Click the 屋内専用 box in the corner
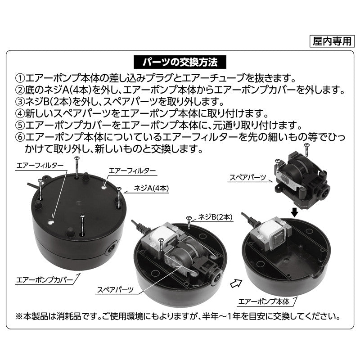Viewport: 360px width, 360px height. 332,41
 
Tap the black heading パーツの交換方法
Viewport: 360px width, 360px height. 180,62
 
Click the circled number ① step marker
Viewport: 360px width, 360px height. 20,78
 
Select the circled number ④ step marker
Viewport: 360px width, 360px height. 20,113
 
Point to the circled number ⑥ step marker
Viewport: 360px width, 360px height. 20,137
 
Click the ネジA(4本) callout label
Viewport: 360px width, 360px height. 151,188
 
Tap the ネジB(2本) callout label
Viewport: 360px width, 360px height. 215,217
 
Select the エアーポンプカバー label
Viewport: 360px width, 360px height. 44,280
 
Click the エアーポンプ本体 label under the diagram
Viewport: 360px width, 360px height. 264,301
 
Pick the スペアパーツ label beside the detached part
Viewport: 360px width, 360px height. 248,177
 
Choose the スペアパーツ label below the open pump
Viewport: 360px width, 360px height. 115,290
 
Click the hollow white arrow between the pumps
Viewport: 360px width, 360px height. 236,283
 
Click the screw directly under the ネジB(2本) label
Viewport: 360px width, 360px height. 189,222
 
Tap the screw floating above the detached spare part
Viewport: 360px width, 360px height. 307,150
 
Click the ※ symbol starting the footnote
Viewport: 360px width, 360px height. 19,317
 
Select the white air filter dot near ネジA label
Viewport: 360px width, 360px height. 104,187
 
